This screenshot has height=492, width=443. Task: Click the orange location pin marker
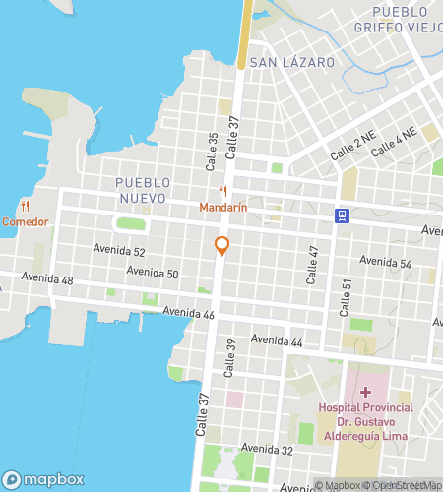click(x=222, y=246)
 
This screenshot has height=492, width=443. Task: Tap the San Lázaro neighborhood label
click(x=292, y=62)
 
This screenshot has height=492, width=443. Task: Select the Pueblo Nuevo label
click(x=143, y=190)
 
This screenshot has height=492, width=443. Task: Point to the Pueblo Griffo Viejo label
click(x=401, y=20)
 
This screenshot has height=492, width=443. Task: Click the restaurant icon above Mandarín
click(x=223, y=192)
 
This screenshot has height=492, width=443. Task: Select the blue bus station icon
click(x=341, y=215)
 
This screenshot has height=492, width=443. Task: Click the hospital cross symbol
click(x=364, y=392)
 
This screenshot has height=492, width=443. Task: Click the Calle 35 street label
click(x=212, y=146)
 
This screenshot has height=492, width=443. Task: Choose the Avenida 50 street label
click(x=153, y=272)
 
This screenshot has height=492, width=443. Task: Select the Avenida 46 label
click(x=189, y=313)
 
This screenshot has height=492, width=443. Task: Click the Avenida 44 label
click(x=277, y=339)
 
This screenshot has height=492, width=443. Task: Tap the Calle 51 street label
click(x=346, y=297)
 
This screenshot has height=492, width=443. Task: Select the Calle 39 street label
click(x=231, y=359)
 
